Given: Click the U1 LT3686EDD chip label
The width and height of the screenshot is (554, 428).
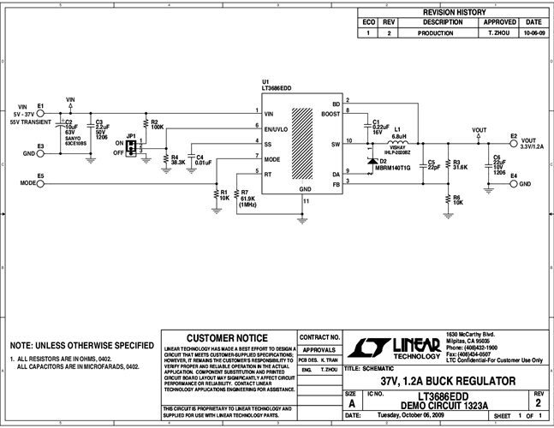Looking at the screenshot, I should pos(278,85).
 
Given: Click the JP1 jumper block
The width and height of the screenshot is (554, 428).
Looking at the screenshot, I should pos(131,149).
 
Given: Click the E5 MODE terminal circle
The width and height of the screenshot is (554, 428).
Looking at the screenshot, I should pos(40,183).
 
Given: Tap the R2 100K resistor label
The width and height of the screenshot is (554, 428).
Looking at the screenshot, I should pos(157,124).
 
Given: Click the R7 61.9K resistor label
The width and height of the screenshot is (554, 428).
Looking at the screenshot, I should pos(248,198).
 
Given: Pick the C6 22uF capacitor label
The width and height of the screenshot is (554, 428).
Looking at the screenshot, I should pos(497,163).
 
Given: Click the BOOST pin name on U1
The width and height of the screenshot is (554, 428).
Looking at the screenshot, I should pos(331,113).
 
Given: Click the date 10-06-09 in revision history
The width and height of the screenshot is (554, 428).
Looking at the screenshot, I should pos(533,33).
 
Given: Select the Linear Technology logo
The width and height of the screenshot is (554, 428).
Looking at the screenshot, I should pos(379,346).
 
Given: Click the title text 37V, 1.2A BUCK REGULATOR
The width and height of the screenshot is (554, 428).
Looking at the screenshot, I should pos(441,379).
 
